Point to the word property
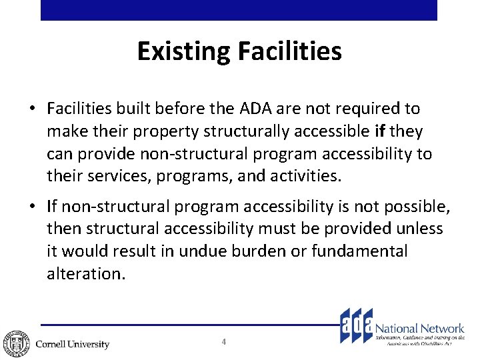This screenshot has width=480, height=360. click(150, 131)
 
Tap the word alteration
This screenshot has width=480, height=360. click(85, 274)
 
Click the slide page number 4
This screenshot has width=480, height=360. click(224, 342)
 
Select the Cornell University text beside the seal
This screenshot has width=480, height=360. click(72, 344)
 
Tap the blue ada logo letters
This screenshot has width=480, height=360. click(355, 325)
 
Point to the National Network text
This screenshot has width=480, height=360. click(420, 328)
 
